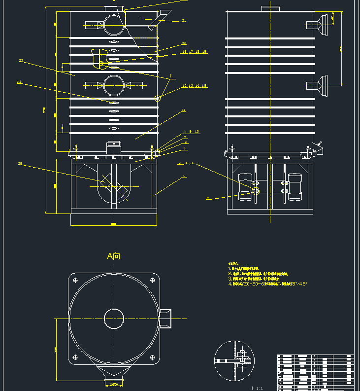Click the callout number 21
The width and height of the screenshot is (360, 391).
tap(184, 21)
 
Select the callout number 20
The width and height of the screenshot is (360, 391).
tap(184, 43)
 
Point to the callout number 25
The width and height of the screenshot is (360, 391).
tap(21, 61)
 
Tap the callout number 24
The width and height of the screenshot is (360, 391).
tap(19, 82)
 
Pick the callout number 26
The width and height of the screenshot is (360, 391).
tap(20, 164)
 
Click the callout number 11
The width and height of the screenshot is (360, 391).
tap(184, 110)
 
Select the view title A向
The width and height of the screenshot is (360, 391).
tap(114, 256)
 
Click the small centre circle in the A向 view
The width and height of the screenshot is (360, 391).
tap(114, 319)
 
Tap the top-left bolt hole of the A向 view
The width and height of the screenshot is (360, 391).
tap(75, 280)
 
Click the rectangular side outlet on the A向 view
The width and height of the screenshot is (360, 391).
tap(165, 319)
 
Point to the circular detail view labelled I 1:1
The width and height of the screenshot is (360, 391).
tap(234, 361)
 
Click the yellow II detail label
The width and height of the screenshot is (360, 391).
tap(207, 198)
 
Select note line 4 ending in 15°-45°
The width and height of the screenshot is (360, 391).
tap(268, 284)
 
